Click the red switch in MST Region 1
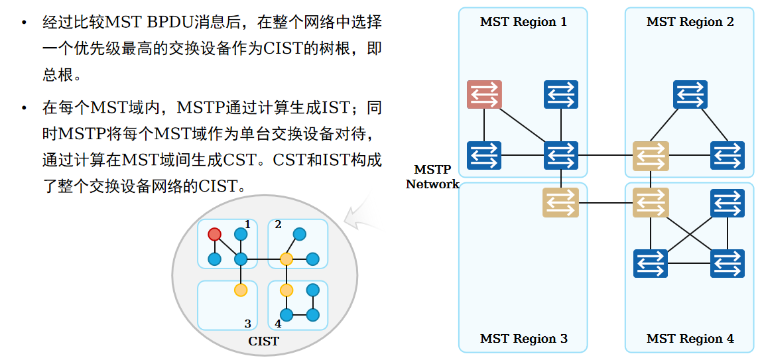tap(483, 94)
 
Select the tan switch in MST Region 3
tap(560, 202)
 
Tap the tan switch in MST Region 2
tap(650, 156)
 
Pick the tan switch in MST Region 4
tap(650, 202)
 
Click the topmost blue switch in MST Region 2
tap(690, 94)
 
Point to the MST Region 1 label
tap(523, 22)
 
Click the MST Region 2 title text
tap(690, 22)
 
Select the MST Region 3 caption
tap(523, 339)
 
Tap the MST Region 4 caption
tap(690, 339)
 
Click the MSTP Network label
tap(432, 177)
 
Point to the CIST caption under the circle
tap(263, 341)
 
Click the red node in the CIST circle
tap(214, 234)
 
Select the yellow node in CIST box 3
tap(241, 290)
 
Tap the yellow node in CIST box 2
tap(286, 259)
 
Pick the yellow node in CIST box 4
tap(286, 290)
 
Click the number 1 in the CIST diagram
tap(247, 225)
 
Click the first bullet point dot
tap(25, 23)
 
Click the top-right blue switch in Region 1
tap(560, 94)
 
